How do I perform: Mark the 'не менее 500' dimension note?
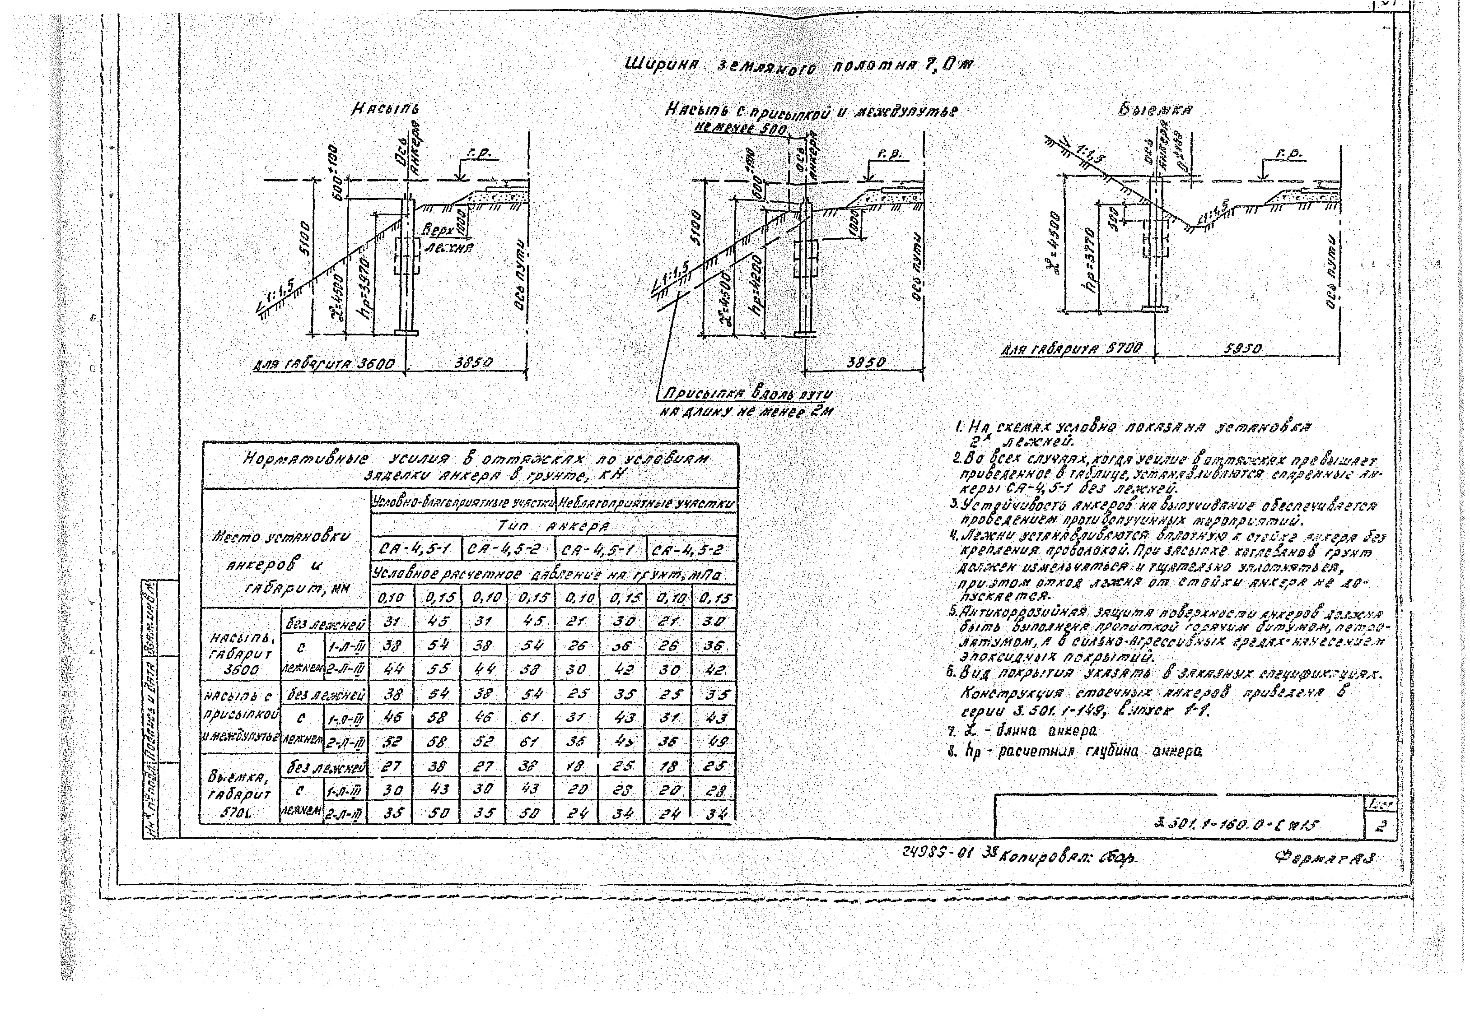point(743,129)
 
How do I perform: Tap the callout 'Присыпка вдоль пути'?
point(747,394)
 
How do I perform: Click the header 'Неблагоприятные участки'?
point(647,504)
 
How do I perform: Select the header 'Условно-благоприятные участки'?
point(463,504)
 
